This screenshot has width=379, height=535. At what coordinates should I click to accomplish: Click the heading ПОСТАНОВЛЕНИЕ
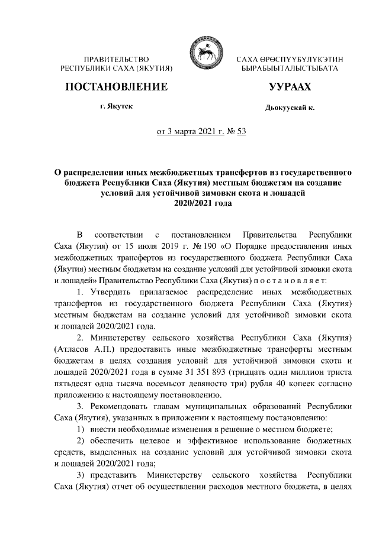tap(115, 87)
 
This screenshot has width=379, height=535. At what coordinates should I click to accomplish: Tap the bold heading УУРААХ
tap(290, 87)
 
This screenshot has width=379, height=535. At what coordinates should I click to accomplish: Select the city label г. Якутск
tap(116, 107)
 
